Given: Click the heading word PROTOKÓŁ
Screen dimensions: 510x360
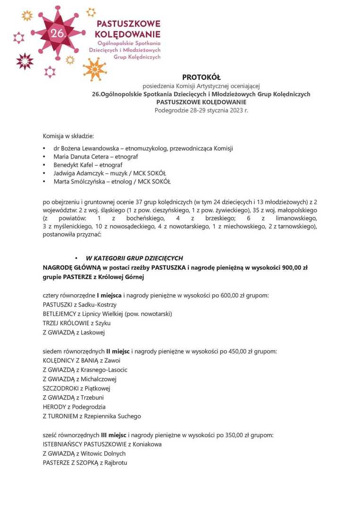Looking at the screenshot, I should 201,77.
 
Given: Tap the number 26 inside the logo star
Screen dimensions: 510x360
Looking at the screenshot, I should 58,33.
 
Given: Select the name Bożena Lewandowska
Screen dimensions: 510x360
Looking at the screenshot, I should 77,148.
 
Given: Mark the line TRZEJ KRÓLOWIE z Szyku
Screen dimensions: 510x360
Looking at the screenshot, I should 76,323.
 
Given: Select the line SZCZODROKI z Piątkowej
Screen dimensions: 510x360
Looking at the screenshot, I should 76,388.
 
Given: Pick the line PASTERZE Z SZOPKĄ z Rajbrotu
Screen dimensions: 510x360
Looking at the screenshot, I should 85,463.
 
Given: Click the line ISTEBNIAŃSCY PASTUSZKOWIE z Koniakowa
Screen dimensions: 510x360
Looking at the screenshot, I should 102,444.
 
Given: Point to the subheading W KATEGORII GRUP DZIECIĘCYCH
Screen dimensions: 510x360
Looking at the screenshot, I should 134,258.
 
